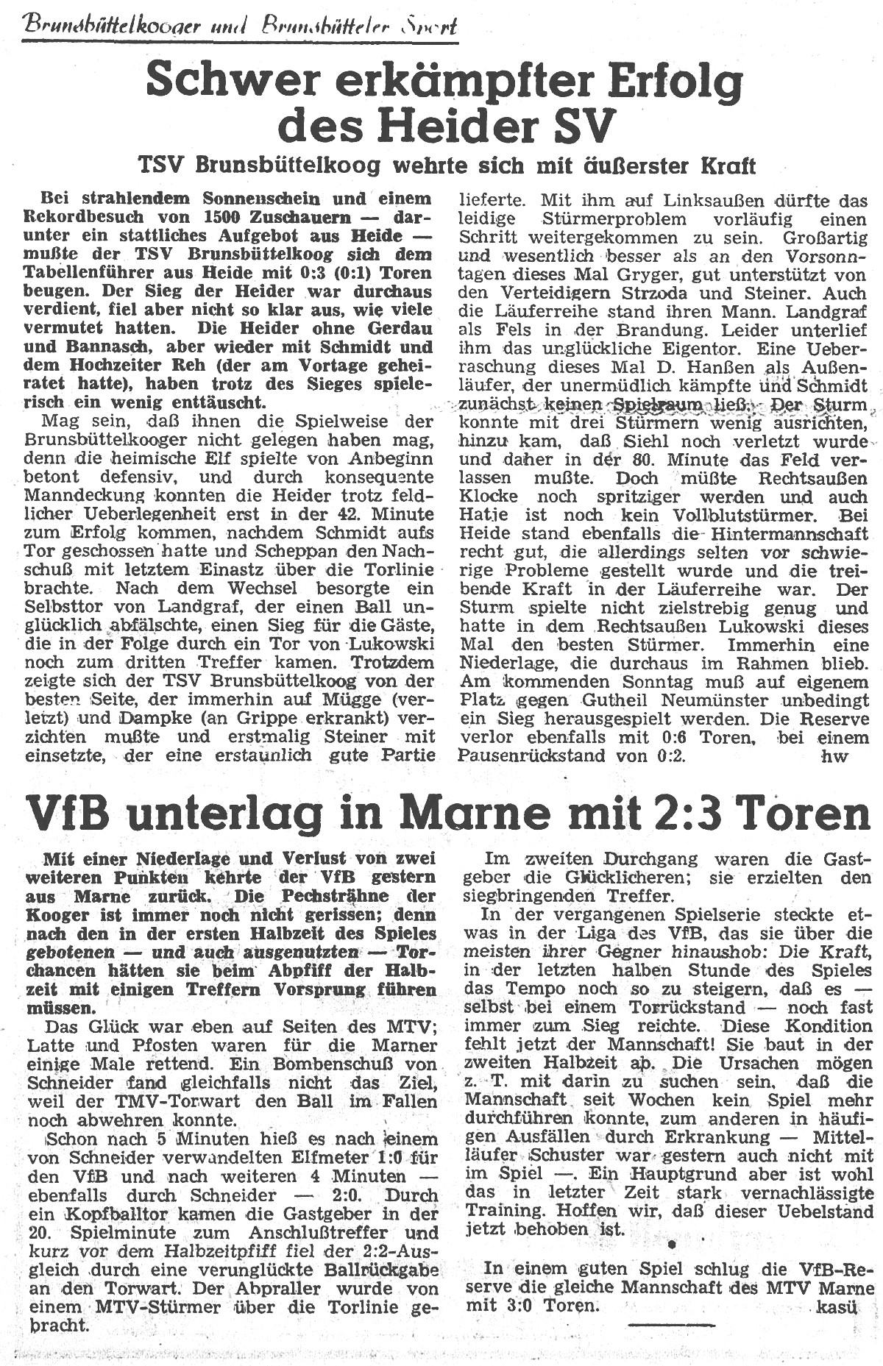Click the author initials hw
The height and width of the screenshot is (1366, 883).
(x=837, y=755)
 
